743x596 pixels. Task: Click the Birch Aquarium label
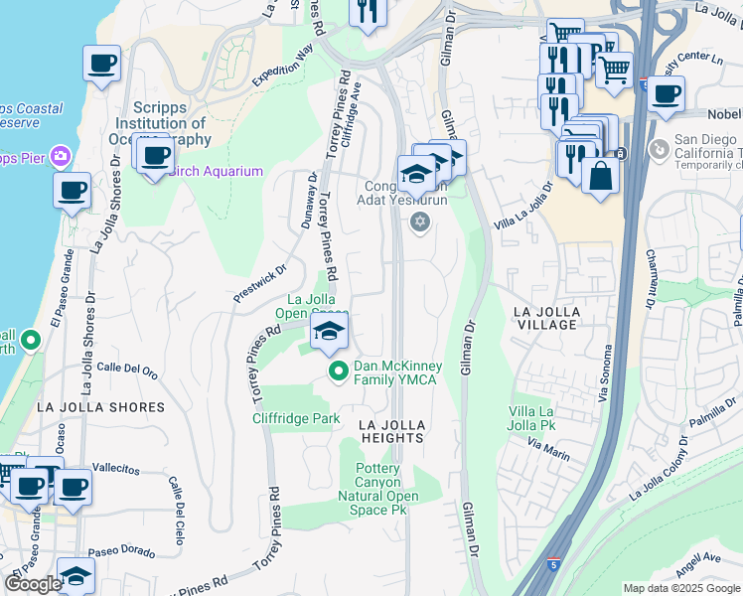click(215, 171)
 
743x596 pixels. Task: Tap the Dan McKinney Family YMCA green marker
click(338, 372)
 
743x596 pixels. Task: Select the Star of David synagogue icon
click(419, 221)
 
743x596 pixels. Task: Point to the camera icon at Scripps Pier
click(61, 156)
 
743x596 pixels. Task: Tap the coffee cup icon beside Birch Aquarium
click(155, 157)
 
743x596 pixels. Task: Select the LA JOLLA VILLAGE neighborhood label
click(545, 318)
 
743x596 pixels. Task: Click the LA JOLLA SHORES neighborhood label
click(100, 407)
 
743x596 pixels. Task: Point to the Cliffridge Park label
click(295, 418)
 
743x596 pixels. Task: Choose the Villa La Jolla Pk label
click(531, 419)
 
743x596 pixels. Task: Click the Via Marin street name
click(548, 454)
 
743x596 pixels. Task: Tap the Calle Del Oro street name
click(127, 371)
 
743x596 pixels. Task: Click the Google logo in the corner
click(33, 584)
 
